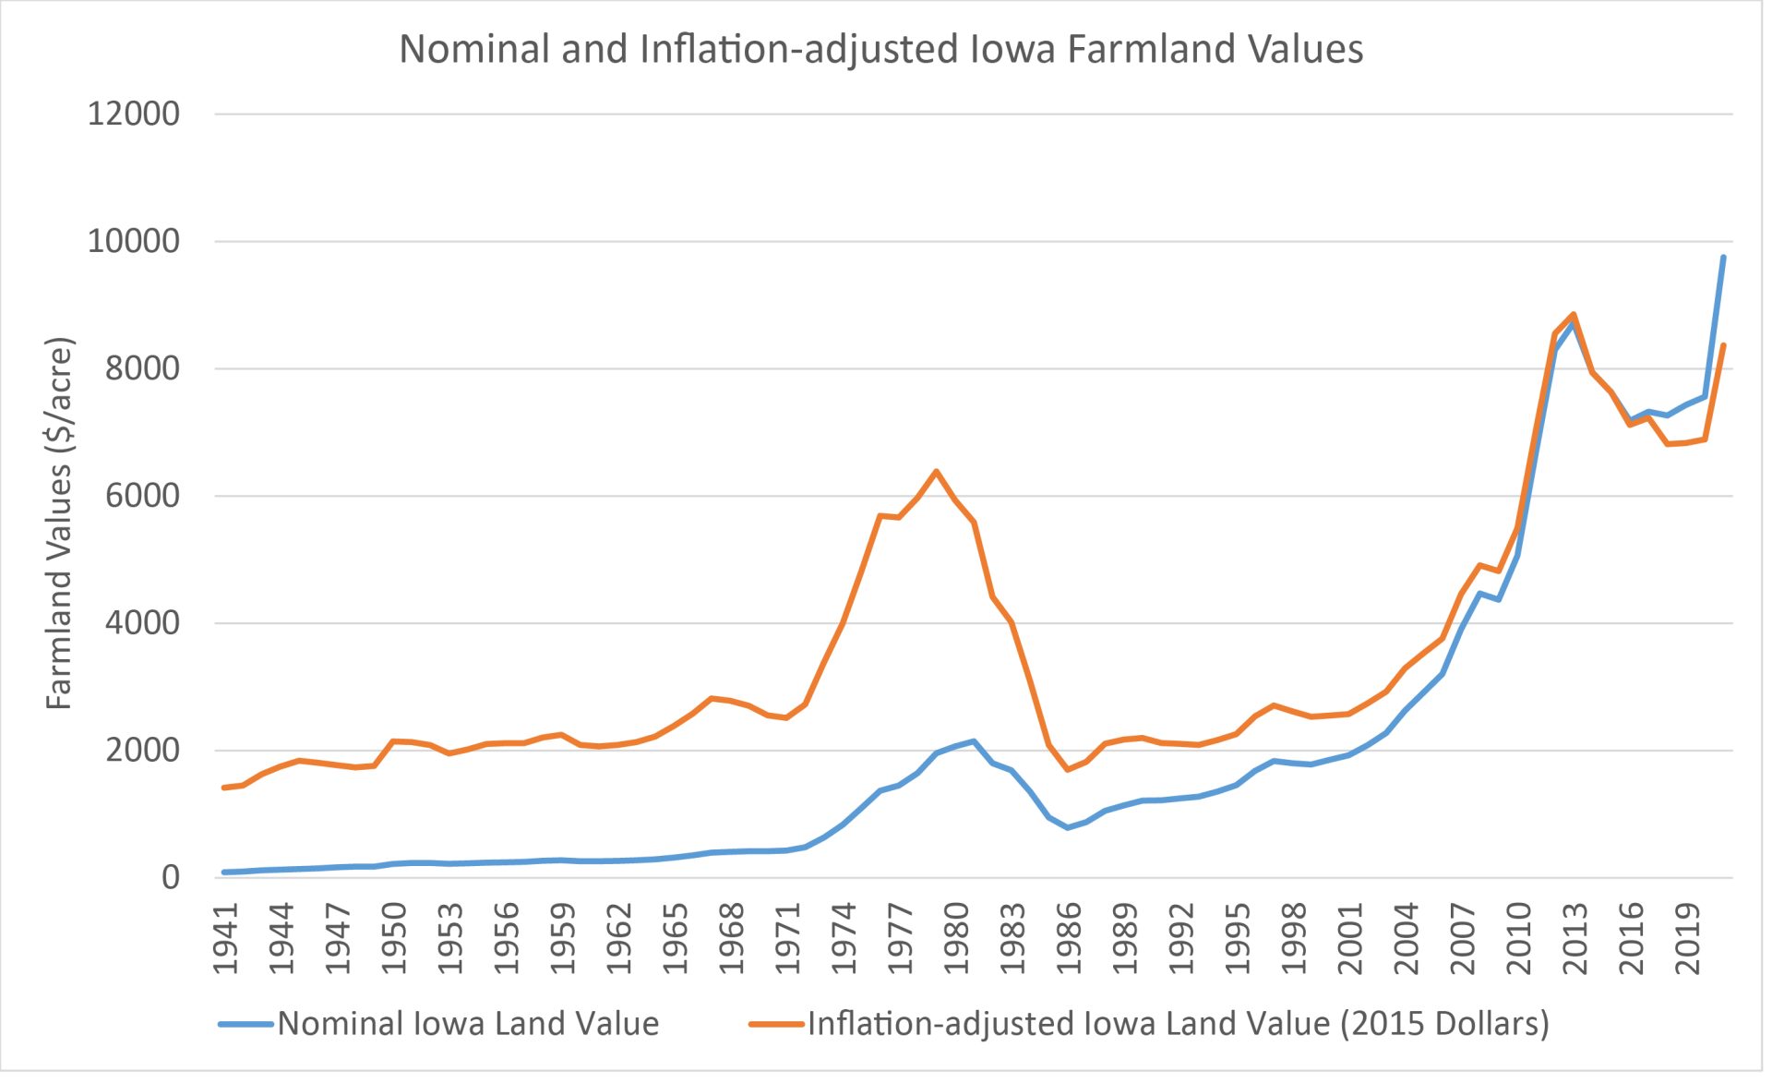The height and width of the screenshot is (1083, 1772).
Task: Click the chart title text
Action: [880, 50]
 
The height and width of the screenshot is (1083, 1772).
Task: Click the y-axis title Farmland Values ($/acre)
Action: [59, 523]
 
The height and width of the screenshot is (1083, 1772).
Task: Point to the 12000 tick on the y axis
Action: [134, 114]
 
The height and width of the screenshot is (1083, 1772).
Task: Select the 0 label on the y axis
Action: [171, 878]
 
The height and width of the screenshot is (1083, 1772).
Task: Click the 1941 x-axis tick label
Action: [226, 938]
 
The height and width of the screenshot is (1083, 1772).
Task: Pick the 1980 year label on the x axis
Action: [957, 938]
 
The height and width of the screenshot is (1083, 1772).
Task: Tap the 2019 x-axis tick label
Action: [1688, 938]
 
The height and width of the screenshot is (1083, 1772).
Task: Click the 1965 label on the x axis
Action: [676, 938]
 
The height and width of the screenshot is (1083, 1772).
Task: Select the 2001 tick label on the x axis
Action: [1350, 938]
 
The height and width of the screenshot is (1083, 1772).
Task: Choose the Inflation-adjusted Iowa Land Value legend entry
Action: [1149, 1024]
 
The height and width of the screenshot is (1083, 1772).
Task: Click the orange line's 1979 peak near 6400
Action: [936, 472]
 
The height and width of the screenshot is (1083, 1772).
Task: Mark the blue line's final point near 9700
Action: [1723, 258]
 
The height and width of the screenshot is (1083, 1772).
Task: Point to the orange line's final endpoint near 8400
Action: [1723, 345]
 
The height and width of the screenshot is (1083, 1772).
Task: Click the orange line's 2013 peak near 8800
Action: [1574, 315]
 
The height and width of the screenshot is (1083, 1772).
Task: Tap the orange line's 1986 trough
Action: [1068, 769]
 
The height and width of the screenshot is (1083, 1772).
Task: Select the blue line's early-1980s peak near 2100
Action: [974, 741]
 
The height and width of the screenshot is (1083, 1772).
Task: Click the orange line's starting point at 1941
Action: [224, 788]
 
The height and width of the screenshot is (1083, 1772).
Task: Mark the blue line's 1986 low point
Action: [1068, 827]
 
